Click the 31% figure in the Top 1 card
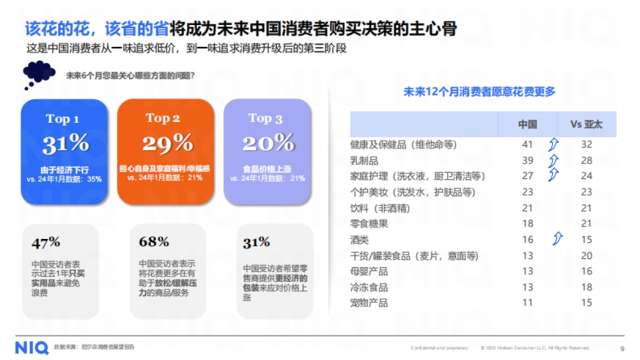pos(66,143)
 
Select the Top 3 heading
pos(265,118)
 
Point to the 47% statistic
pos(46,243)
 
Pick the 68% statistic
pos(154,242)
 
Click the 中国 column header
pos(527,125)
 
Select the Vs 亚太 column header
pos(586,125)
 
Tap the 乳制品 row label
pos(364,161)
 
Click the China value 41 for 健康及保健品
pos(527,145)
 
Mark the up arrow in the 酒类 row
pos(558,238)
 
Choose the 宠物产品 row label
pos(369,303)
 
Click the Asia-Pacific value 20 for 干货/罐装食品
pos(587,256)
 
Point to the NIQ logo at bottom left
pos(31,347)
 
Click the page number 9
pos(622,348)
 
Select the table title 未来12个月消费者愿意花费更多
pos(479,92)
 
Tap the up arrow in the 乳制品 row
pos(554,160)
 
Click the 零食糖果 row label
pos(369,224)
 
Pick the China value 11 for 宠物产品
pos(527,303)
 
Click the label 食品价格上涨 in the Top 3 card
pos(267,169)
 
